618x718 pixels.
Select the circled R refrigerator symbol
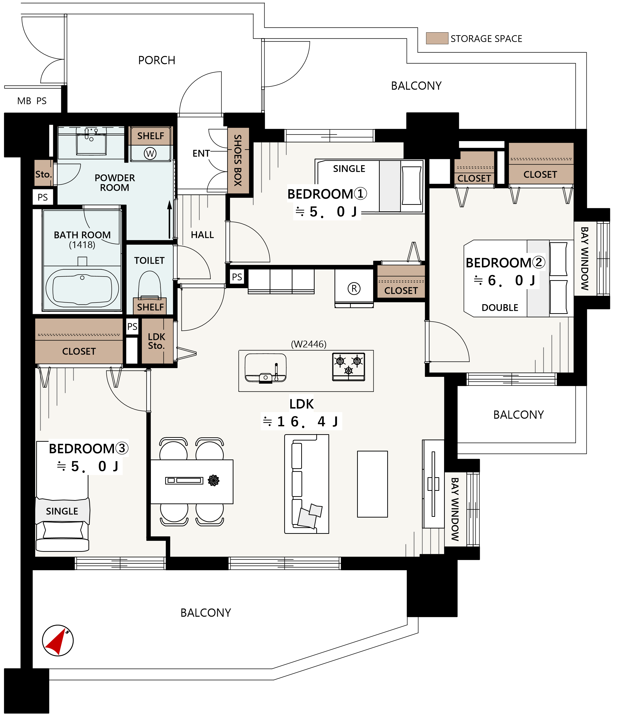click(354, 288)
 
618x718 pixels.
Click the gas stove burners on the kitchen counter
click(349, 367)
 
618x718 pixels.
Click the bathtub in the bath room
click(82, 288)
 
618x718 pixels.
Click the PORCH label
click(157, 60)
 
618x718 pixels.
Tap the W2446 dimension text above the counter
click(309, 344)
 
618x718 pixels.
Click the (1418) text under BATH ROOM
click(82, 245)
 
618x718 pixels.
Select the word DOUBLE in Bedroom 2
click(500, 308)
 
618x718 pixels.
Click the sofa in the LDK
click(307, 484)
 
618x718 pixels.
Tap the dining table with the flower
click(192, 482)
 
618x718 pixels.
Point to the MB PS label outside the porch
click(32, 101)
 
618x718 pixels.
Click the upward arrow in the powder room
click(169, 220)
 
